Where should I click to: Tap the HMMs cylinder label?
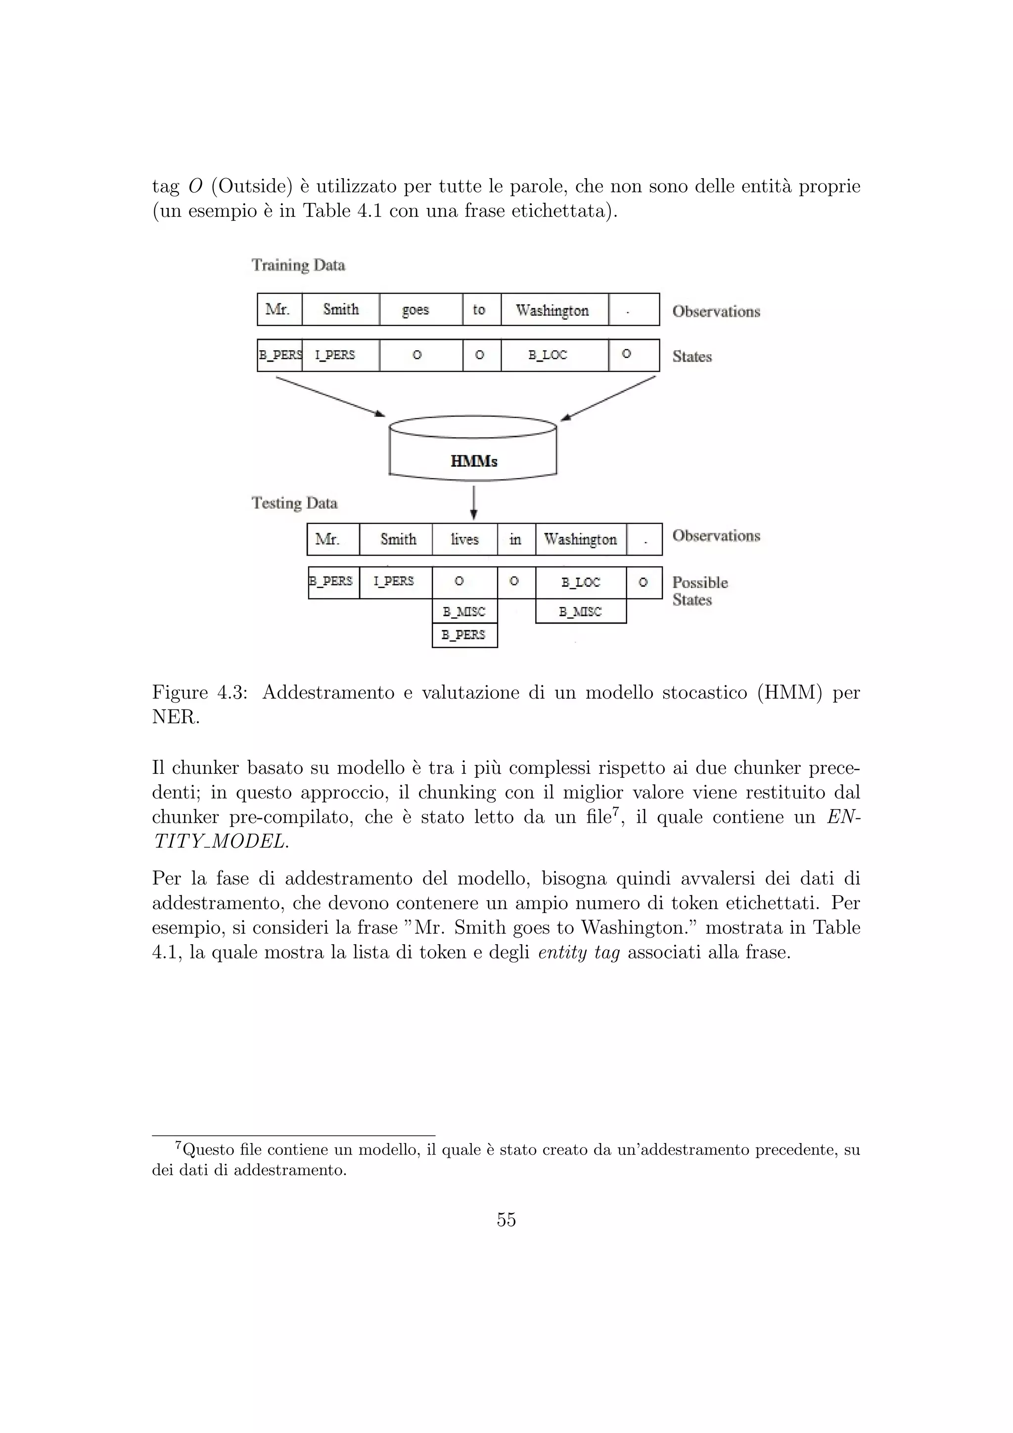(473, 462)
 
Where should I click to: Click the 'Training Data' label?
(298, 265)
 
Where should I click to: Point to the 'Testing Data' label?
(294, 503)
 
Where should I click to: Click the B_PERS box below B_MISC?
(464, 635)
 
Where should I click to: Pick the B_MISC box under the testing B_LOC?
(580, 612)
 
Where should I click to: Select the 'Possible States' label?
(699, 590)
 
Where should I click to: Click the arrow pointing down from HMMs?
(473, 503)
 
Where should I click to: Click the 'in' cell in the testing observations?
(516, 539)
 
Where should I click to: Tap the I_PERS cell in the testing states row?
(395, 582)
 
